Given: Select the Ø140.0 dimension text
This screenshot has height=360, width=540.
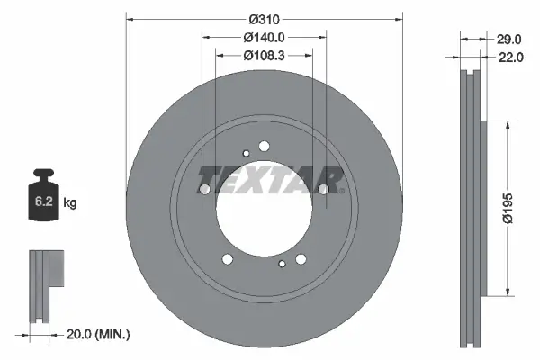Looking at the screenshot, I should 264,38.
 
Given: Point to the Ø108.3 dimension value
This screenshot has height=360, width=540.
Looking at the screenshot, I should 264,56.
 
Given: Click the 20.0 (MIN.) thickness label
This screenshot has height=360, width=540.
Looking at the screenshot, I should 100,334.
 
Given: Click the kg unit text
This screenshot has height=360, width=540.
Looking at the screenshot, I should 70,203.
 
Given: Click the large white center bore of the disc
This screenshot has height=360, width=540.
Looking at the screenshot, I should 261,208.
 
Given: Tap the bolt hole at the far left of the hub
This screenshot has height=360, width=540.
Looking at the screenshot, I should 204,189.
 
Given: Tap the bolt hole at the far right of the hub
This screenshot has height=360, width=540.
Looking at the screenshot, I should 324,189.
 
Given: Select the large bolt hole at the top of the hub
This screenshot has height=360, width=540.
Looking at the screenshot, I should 264,146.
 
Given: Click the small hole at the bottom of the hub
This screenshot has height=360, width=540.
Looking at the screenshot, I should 283,264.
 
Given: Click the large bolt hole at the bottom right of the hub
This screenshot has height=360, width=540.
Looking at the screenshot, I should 301,259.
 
